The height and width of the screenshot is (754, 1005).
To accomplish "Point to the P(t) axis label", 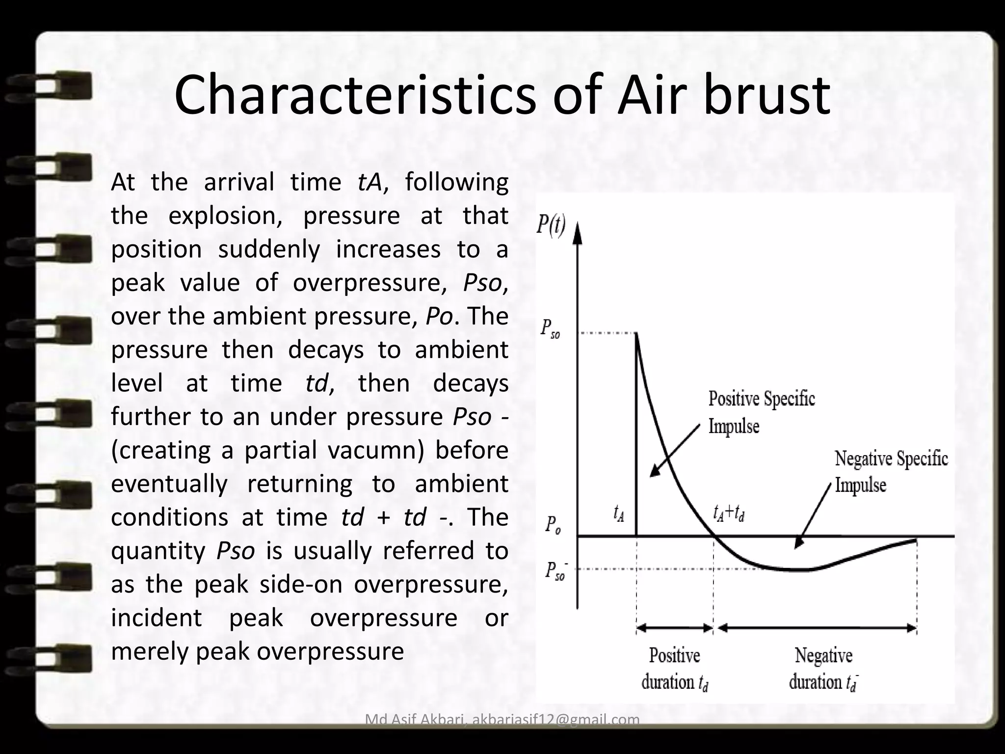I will point(551,226).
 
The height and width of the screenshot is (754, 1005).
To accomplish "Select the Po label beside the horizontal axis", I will point(553,526).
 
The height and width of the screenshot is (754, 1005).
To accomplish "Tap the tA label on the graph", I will point(618,513).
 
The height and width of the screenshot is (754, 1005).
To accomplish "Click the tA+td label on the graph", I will point(729,513).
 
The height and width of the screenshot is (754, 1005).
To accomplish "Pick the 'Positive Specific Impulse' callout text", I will point(761,412).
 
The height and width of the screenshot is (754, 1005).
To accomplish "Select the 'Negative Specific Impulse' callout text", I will point(891,472).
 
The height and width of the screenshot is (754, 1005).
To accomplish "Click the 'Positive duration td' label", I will point(675,669).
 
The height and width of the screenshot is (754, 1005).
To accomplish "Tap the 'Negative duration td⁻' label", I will point(823,669).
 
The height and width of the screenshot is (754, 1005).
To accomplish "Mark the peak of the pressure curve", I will point(636,334).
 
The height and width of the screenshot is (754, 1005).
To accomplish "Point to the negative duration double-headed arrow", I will point(817,628).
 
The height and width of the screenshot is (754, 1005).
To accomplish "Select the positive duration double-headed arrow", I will point(675,628).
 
